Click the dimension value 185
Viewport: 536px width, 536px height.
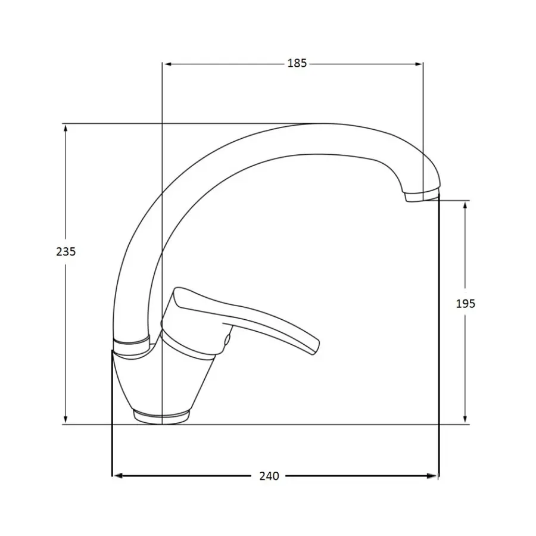[297, 64]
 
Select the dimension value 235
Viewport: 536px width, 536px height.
[66, 252]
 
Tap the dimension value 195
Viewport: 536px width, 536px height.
[466, 304]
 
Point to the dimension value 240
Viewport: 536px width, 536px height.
[269, 476]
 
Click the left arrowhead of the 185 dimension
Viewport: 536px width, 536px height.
[167, 64]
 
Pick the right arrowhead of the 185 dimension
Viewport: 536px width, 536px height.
[419, 64]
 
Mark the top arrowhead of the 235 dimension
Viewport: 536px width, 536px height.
[66, 129]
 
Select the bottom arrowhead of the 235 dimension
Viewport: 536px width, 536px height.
[66, 420]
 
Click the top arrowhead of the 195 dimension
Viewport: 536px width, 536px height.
[465, 206]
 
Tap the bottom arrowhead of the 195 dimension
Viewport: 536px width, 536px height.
[465, 419]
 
